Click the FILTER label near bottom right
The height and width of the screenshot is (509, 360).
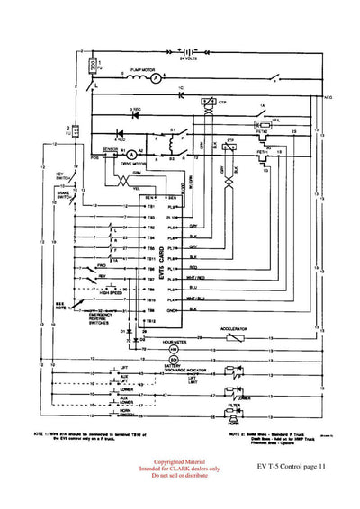coord(234,406)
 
